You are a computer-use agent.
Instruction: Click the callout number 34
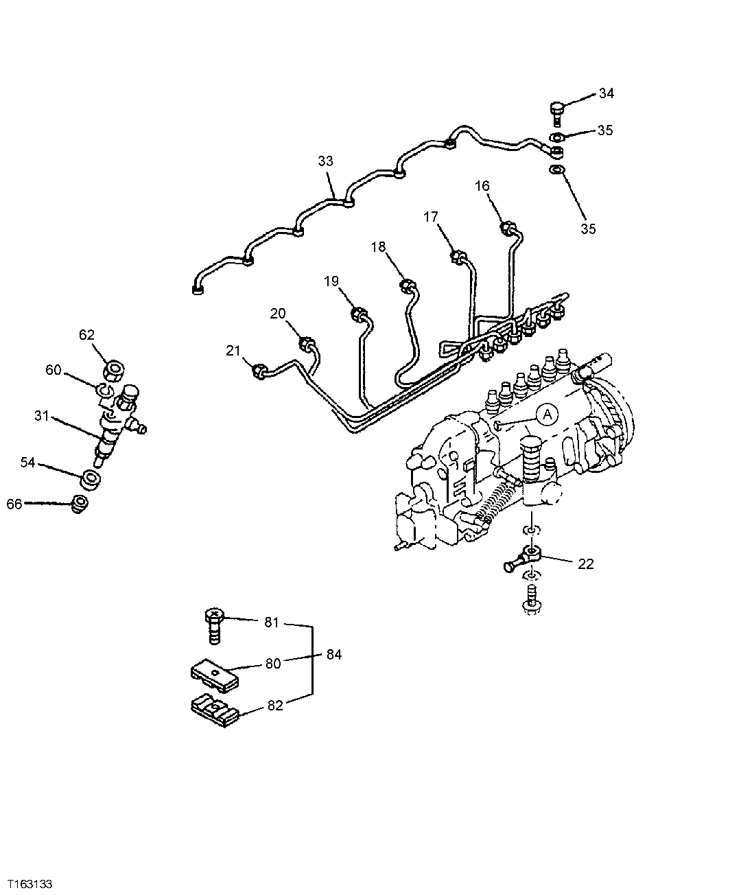(607, 94)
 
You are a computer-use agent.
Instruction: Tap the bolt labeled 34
(556, 112)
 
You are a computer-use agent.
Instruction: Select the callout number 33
(325, 161)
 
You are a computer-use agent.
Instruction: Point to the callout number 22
(586, 563)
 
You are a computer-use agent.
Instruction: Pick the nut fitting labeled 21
(259, 371)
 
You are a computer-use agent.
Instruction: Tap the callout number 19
(331, 281)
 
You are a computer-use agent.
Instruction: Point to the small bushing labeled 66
(81, 503)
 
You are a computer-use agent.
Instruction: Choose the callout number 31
(43, 416)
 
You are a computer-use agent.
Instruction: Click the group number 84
(333, 655)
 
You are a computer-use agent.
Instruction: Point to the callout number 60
(54, 370)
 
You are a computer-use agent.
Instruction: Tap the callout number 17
(430, 217)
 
